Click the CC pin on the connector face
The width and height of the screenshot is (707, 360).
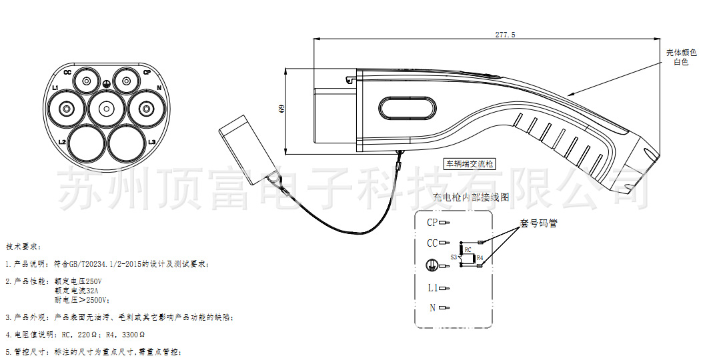click(x=86, y=81)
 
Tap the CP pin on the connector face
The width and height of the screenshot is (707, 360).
click(x=125, y=81)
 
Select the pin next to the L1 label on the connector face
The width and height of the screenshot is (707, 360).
click(x=67, y=108)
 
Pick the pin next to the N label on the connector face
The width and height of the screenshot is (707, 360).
click(x=143, y=108)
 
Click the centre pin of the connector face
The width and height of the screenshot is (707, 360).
click(x=105, y=107)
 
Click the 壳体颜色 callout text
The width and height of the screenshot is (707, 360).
click(x=681, y=53)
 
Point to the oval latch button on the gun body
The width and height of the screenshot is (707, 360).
click(x=406, y=109)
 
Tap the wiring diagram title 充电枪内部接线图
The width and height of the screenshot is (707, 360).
click(x=471, y=198)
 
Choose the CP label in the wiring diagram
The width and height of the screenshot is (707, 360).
click(x=432, y=222)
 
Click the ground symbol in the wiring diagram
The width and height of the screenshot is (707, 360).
click(x=432, y=265)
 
